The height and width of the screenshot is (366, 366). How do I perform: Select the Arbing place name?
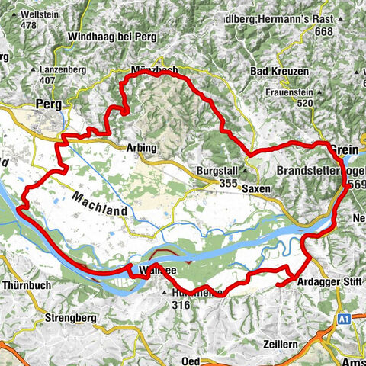[x=143, y=147]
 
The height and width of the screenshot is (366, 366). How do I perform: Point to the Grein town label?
[x=339, y=148]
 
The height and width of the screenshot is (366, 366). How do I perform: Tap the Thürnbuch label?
[x=21, y=282]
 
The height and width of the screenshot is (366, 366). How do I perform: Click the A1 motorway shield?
[x=345, y=316]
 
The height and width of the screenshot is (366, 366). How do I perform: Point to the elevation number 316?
[x=181, y=304]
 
